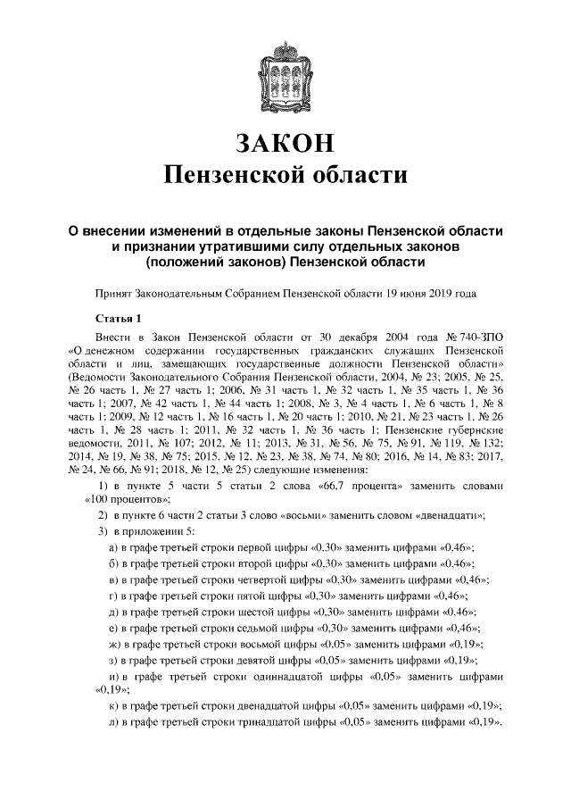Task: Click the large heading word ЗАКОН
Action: (x=285, y=143)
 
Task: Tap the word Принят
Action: (x=113, y=293)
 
